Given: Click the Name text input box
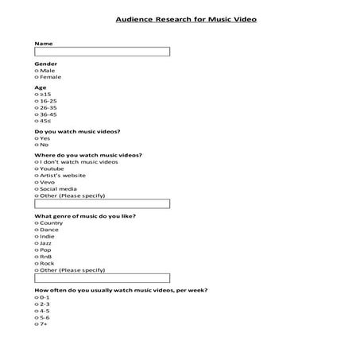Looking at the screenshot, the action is click(x=103, y=52).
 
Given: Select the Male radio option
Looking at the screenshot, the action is click(x=37, y=70).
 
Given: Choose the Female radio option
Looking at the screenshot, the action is click(x=37, y=77).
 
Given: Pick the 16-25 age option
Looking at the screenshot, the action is click(x=37, y=101).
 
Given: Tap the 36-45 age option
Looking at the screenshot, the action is click(x=37, y=114).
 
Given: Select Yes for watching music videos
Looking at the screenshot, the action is click(x=37, y=138).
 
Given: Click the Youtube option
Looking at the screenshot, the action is click(x=37, y=168).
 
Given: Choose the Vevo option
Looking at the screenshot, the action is click(x=37, y=182).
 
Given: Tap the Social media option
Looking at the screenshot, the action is click(x=37, y=188).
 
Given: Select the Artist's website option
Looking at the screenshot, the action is click(x=37, y=175).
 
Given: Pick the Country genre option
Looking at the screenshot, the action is click(x=37, y=223).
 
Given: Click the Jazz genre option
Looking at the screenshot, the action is click(x=37, y=243).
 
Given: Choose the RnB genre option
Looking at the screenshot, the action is click(x=37, y=257).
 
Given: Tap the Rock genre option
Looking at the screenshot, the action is click(x=37, y=263).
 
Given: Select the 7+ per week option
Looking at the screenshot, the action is click(x=37, y=324).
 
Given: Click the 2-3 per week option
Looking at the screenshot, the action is click(x=37, y=304).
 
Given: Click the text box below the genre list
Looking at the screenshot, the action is click(x=103, y=279).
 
